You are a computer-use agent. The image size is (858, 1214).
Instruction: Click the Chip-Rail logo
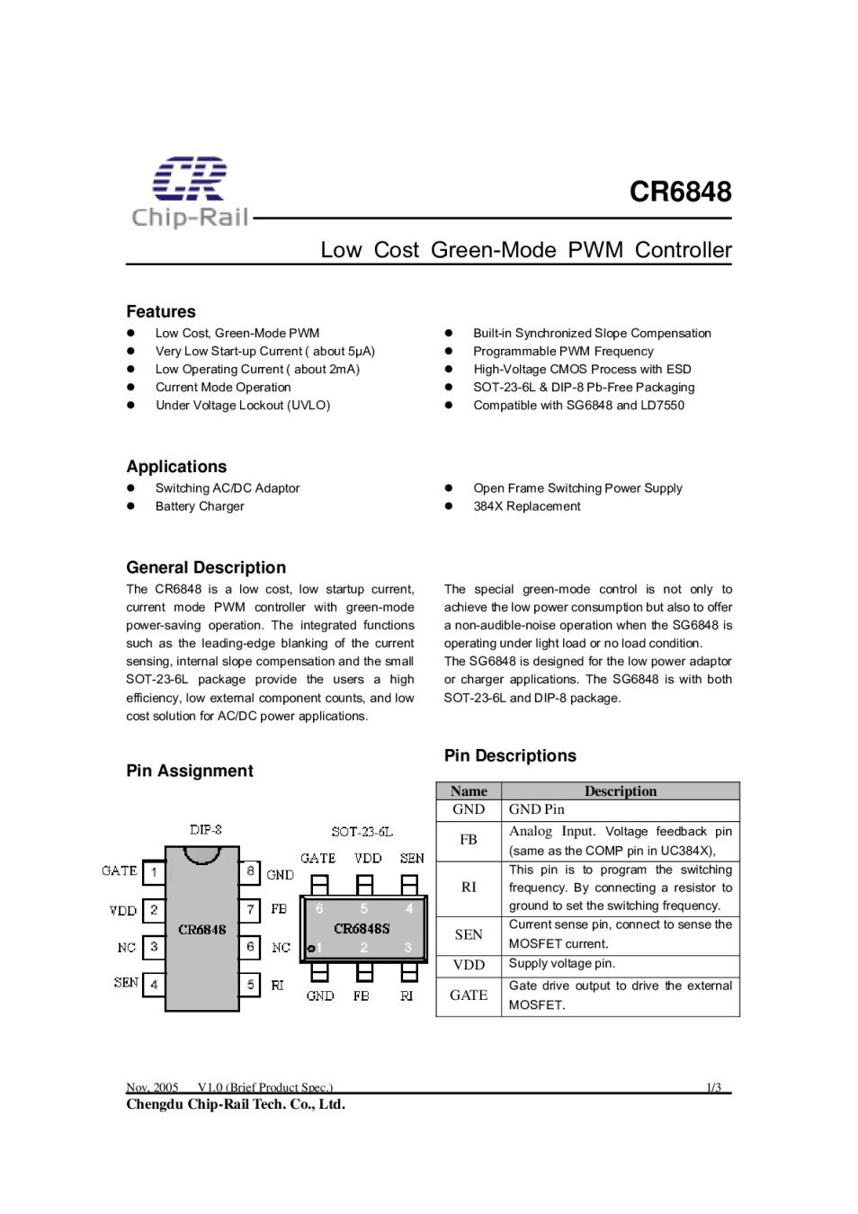[x=190, y=192]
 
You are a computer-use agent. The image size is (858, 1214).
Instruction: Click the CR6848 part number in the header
[x=680, y=192]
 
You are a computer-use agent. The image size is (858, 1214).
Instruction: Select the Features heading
[x=161, y=311]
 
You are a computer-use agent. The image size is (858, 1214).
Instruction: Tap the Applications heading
[x=176, y=466]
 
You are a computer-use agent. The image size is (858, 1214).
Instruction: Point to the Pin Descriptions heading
[x=510, y=755]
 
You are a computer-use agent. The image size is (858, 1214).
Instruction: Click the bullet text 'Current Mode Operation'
[x=223, y=387]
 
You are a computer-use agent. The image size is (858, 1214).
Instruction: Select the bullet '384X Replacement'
[x=527, y=506]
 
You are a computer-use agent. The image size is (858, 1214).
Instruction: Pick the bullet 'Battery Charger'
[x=200, y=506]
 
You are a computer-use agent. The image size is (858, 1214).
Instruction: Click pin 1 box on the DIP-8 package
[x=154, y=871]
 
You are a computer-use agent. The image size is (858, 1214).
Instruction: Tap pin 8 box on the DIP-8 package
[x=250, y=871]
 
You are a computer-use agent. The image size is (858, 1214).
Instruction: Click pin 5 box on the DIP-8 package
[x=250, y=985]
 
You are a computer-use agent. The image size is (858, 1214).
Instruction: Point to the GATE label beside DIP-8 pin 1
[x=120, y=870]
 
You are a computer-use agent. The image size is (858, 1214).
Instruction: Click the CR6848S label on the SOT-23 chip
[x=362, y=928]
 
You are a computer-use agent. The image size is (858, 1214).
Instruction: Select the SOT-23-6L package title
[x=362, y=832]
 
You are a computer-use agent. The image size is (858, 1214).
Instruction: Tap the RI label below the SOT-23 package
[x=407, y=995]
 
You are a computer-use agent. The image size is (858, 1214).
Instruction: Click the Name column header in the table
[x=469, y=791]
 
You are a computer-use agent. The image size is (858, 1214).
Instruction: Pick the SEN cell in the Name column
[x=469, y=934]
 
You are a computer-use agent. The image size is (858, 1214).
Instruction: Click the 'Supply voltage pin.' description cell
[x=562, y=964]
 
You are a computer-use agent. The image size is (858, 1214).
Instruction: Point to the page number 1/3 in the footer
[x=713, y=1087]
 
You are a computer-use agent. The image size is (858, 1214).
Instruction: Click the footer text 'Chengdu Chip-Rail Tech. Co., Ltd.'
[x=236, y=1104]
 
